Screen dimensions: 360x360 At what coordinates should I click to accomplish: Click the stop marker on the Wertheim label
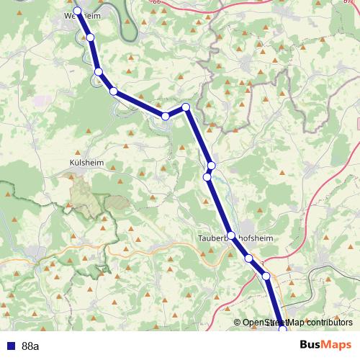[x=77, y=11]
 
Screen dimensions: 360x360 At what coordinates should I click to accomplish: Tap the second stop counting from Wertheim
[x=90, y=37]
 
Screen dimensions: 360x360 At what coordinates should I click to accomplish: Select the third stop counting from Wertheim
[x=98, y=71]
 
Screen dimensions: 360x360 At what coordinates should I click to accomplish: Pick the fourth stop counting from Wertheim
[x=113, y=91]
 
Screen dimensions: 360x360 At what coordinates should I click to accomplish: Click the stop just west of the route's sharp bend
[x=166, y=116]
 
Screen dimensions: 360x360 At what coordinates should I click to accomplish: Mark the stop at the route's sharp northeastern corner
[x=185, y=107]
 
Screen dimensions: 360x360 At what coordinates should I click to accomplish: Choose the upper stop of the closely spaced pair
[x=211, y=166]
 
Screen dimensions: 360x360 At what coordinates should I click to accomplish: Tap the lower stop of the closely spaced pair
[x=207, y=176]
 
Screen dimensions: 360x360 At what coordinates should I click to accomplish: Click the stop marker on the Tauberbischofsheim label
[x=230, y=236]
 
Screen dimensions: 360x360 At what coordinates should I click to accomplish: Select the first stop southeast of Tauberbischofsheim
[x=248, y=258]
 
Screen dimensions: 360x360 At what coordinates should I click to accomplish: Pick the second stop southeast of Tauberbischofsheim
[x=266, y=276]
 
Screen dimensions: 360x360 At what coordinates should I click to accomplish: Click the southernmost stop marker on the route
[x=282, y=329]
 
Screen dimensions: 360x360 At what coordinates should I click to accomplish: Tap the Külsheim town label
[x=86, y=163]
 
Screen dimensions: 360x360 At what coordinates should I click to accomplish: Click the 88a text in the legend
[x=30, y=346]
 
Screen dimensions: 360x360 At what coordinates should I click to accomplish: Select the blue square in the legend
[x=9, y=346]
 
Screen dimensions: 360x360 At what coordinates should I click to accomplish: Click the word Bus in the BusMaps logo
[x=311, y=345]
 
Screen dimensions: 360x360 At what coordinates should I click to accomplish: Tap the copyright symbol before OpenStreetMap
[x=238, y=323]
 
